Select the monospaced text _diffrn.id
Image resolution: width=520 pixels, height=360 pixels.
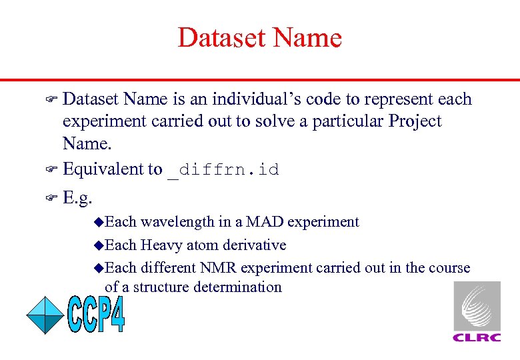click(223, 170)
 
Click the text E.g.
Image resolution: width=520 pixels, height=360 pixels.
click(77, 197)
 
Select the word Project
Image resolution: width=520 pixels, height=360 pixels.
click(415, 121)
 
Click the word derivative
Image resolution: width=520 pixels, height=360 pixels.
click(253, 245)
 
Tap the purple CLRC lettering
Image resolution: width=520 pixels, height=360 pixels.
click(477, 337)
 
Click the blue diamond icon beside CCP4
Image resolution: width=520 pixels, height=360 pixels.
click(45, 315)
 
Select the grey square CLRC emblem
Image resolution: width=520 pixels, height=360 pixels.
click(477, 306)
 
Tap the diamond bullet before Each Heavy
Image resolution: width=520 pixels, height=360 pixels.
click(99, 245)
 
